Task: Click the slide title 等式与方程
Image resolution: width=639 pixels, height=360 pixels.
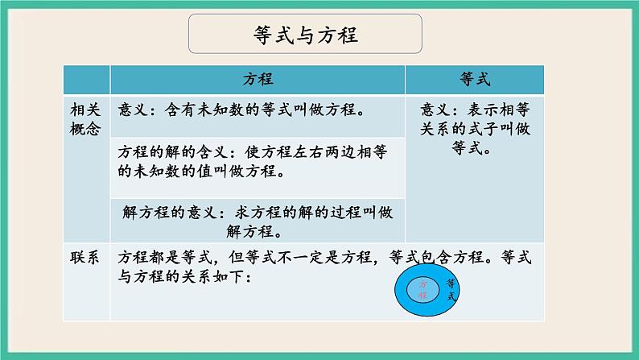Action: click(305, 35)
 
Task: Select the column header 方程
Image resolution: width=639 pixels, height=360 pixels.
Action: click(258, 80)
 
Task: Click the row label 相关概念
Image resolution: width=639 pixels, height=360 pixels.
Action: click(84, 119)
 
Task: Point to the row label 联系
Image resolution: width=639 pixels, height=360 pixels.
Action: click(84, 259)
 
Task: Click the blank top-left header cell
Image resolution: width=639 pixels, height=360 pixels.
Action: click(85, 80)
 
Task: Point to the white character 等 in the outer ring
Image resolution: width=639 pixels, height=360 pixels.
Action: click(449, 283)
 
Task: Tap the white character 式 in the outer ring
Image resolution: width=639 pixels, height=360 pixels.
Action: click(451, 297)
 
